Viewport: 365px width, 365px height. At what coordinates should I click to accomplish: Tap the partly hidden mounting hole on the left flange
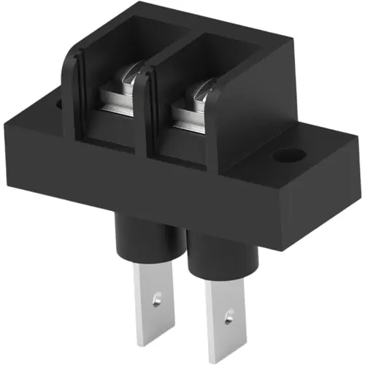(x=59, y=104)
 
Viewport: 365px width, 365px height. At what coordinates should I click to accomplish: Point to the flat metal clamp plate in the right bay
(x=188, y=118)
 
